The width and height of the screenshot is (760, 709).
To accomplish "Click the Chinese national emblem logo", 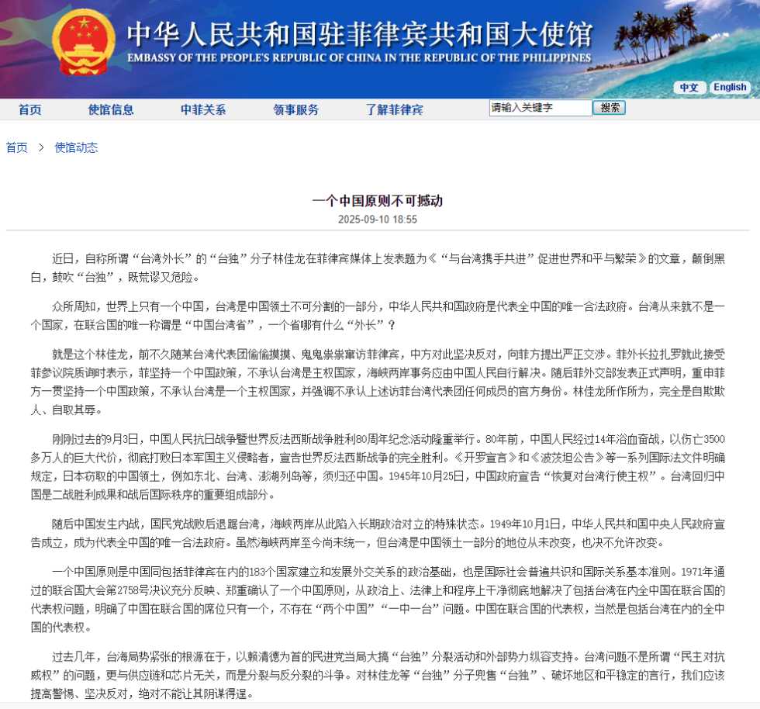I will [83, 43].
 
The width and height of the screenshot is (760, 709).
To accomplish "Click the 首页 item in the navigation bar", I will [30, 109].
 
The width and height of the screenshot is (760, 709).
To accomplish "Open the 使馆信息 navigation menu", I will [111, 109].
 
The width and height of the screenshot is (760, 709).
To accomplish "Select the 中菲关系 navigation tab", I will [203, 109].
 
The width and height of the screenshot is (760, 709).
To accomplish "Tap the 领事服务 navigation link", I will [295, 109].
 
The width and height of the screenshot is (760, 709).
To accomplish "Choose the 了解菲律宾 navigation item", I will [395, 109].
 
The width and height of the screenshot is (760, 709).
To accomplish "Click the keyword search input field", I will [540, 109].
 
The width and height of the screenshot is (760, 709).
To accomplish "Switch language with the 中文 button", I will [689, 88].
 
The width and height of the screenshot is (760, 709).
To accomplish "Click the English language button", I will [730, 88].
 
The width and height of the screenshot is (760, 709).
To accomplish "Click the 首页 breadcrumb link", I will [17, 147].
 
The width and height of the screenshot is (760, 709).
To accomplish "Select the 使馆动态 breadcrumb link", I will [76, 147].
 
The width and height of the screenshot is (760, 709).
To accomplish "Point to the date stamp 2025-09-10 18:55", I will [378, 220].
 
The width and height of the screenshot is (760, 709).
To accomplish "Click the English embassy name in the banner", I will [358, 57].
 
